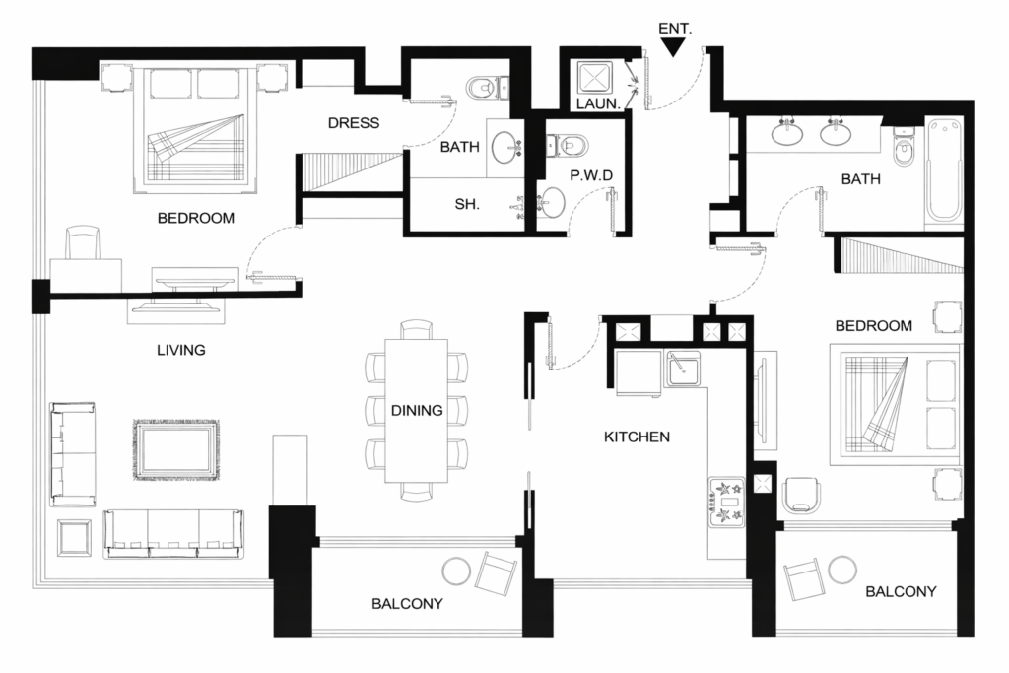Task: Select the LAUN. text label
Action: tap(597, 102)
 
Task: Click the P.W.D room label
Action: tap(592, 175)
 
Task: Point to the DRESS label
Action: tap(353, 123)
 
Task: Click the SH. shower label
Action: tap(466, 205)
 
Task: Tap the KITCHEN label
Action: tap(637, 436)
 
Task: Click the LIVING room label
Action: tap(180, 350)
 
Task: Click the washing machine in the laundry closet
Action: tap(594, 77)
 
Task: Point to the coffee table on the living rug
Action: tap(176, 449)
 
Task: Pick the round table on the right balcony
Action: tap(842, 570)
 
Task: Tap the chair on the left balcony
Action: tap(496, 572)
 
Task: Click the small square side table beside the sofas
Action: tap(75, 537)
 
